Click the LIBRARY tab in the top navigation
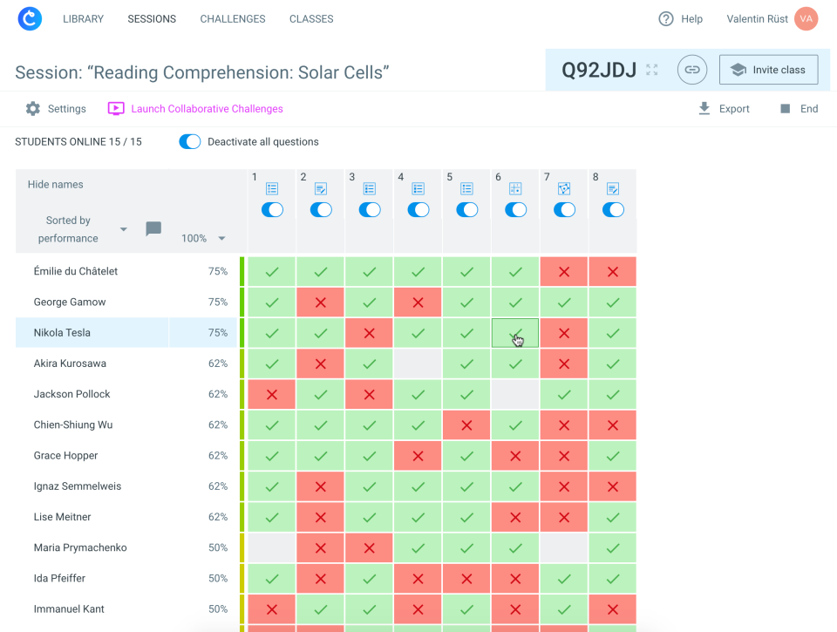[83, 19]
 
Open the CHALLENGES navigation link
[233, 19]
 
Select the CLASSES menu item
[311, 19]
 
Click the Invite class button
[768, 70]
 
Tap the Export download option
[724, 109]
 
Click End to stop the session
[799, 109]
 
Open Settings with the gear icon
[56, 109]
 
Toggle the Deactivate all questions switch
[190, 142]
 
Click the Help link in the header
[680, 19]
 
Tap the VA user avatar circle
[806, 19]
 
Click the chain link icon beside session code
[692, 70]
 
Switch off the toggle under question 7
[564, 210]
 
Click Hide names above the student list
[56, 185]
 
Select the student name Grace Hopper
[65, 456]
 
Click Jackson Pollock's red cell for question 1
[272, 395]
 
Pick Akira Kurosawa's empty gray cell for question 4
[418, 364]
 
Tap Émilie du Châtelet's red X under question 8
[612, 272]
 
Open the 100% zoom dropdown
[203, 239]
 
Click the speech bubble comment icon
[153, 229]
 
